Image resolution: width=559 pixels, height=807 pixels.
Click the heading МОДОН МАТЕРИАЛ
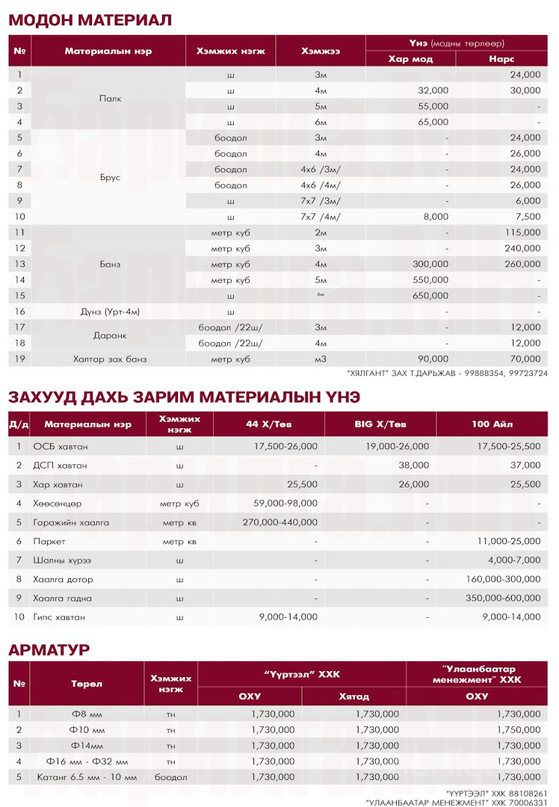[x=90, y=20]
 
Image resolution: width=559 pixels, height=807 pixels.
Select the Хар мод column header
[x=410, y=59]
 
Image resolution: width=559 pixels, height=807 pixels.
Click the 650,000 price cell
[x=431, y=295]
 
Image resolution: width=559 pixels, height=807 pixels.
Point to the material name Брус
[x=110, y=177]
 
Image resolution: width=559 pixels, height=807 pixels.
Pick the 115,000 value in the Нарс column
[x=522, y=232]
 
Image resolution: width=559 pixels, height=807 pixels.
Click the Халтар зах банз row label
[x=110, y=359]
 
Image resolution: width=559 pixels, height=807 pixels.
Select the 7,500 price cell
[x=528, y=217]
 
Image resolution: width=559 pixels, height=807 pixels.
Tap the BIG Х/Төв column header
[x=380, y=424]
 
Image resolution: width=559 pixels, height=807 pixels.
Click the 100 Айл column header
[x=492, y=424]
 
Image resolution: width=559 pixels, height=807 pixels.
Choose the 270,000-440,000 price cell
[x=280, y=522]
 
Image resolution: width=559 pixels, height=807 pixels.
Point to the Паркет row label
[x=49, y=540]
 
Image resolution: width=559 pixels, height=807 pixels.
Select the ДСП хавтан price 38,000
[x=414, y=464]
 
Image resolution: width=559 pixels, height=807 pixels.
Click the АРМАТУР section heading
[x=49, y=649]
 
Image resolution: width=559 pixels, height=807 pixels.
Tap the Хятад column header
[x=353, y=696]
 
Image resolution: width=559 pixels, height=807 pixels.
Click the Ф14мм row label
[x=87, y=745]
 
